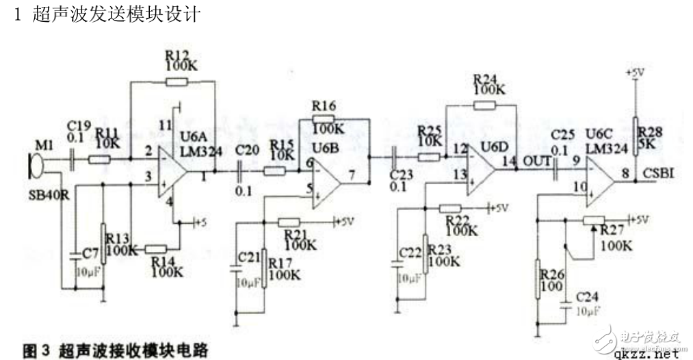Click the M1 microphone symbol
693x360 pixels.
(x=32, y=164)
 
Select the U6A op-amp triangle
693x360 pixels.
(x=171, y=170)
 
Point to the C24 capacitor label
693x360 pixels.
(x=589, y=297)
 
